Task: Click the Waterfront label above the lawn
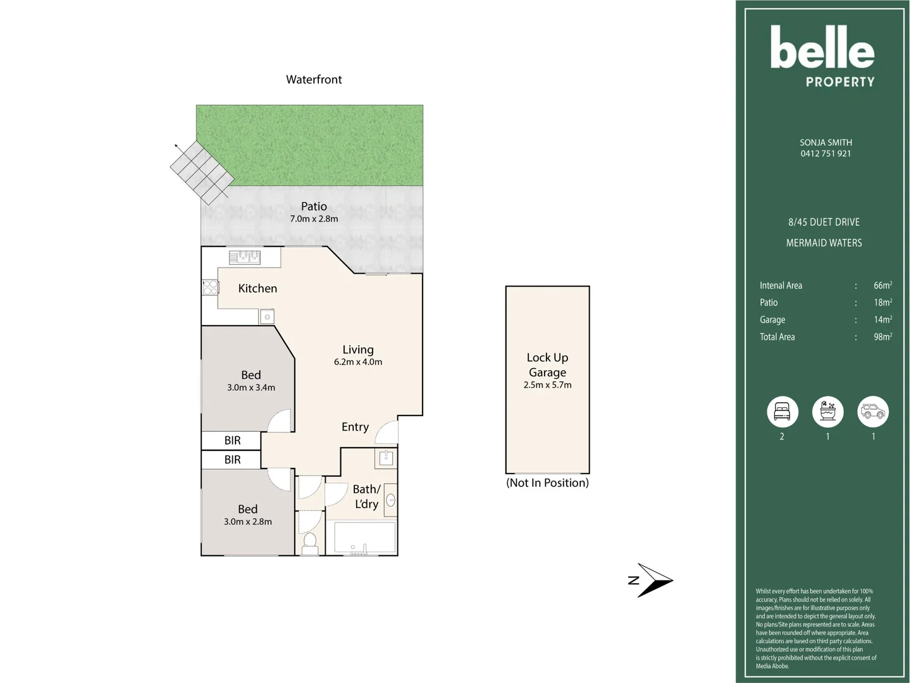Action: tap(314, 80)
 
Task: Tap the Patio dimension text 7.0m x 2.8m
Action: tap(314, 219)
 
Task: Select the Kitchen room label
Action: tap(257, 288)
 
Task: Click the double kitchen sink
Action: tap(245, 257)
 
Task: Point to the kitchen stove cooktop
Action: tap(210, 288)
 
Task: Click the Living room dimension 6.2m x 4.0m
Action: tap(358, 362)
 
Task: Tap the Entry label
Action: tap(355, 427)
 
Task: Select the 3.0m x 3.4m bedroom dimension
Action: tap(251, 388)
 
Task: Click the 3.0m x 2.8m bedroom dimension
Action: tap(248, 522)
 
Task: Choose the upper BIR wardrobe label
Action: tap(232, 441)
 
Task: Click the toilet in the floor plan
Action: tap(310, 543)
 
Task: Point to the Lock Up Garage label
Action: tap(547, 365)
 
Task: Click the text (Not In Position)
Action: tap(547, 483)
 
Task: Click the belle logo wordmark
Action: tap(822, 48)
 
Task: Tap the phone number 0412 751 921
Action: tap(826, 154)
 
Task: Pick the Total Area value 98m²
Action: tap(883, 337)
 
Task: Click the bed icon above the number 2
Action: tap(782, 412)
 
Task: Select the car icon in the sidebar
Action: tap(873, 412)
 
